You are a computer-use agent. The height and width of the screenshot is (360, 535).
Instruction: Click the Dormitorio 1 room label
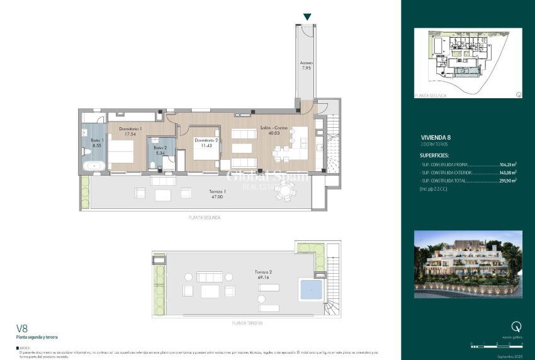(x=132, y=130)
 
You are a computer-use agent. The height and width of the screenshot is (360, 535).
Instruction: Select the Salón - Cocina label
(x=274, y=130)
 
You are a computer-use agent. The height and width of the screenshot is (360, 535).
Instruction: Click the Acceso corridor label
(x=307, y=65)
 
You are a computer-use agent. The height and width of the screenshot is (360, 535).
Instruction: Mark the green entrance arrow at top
(x=307, y=17)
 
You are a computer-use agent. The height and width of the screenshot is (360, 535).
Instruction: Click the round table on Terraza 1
(x=284, y=194)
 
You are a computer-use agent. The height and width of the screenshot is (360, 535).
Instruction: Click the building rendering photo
(x=468, y=264)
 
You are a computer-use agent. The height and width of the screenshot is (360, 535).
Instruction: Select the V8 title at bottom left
(x=23, y=328)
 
